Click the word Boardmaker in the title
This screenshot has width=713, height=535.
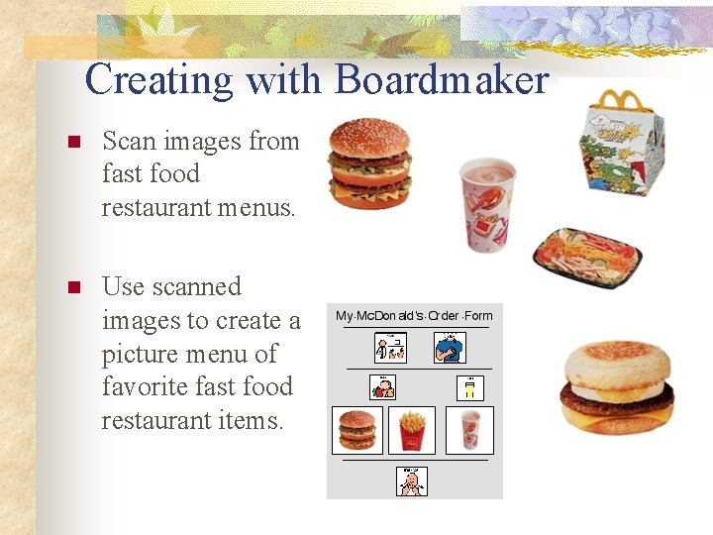(442, 79)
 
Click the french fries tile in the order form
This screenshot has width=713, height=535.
(413, 430)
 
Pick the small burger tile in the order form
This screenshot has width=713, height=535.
(356, 430)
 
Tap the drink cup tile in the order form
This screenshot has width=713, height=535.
(469, 430)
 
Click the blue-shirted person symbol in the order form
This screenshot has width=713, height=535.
(450, 348)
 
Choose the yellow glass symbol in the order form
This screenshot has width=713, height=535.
(470, 387)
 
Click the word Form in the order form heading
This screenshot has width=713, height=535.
(477, 316)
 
